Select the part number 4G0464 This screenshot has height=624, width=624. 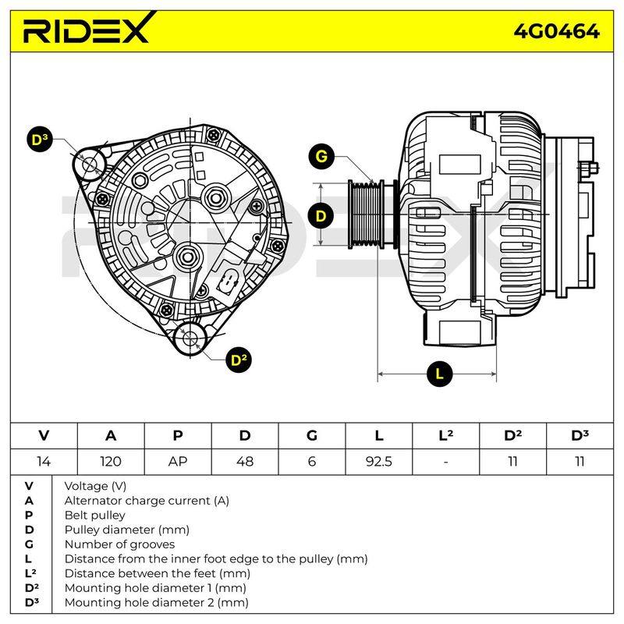point(556,31)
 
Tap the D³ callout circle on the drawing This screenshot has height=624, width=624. point(40,140)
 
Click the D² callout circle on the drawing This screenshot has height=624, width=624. point(239,360)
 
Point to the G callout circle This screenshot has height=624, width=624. point(321,156)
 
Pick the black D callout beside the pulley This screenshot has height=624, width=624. point(321,216)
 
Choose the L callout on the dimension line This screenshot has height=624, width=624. point(439,374)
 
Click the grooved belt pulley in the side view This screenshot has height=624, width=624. point(367,214)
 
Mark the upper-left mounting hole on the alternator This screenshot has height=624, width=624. point(89,165)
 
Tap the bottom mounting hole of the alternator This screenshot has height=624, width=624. point(190,338)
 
